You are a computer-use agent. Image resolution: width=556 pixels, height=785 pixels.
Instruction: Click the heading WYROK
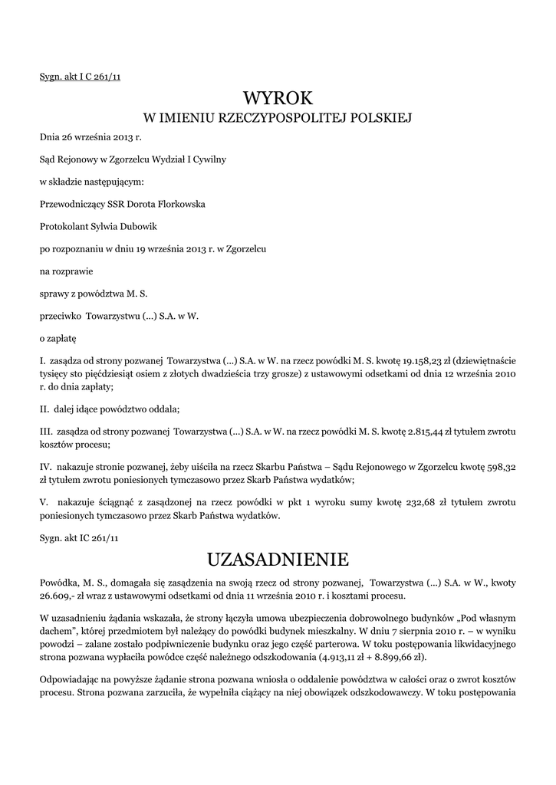coord(278,97)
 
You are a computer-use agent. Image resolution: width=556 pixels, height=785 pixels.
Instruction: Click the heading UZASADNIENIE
coord(278,557)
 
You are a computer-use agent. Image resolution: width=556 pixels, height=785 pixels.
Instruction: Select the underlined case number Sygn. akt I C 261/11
coord(81,76)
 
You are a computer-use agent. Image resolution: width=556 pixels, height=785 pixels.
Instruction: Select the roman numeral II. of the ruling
coord(45,408)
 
